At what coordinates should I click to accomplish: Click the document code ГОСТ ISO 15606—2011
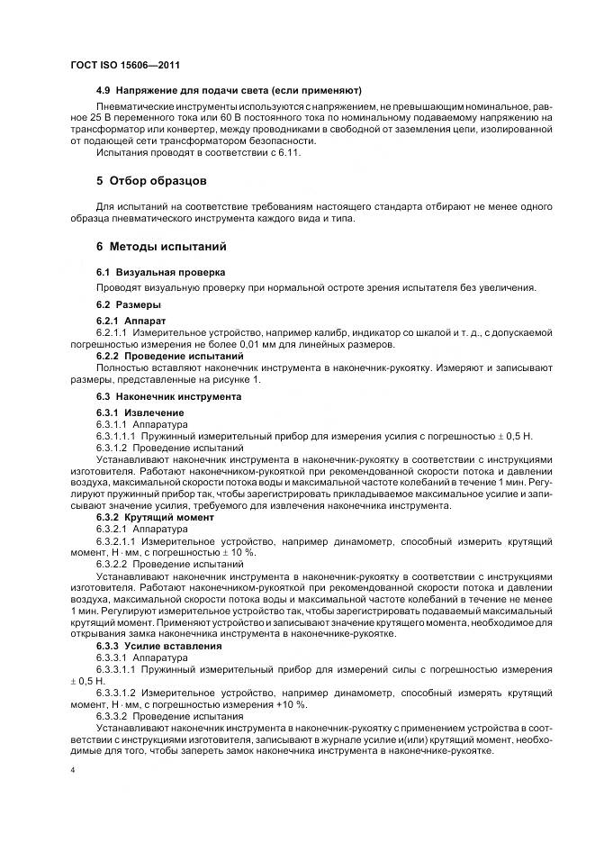click(x=131, y=65)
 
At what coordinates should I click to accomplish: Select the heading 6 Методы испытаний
click(x=161, y=246)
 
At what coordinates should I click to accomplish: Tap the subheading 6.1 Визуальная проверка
click(x=148, y=271)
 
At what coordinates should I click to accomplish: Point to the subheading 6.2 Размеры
click(x=129, y=304)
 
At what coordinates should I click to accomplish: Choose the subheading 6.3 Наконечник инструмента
click(x=168, y=395)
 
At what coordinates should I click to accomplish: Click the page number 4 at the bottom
click(x=72, y=770)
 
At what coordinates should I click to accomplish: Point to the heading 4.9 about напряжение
click(x=229, y=90)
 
